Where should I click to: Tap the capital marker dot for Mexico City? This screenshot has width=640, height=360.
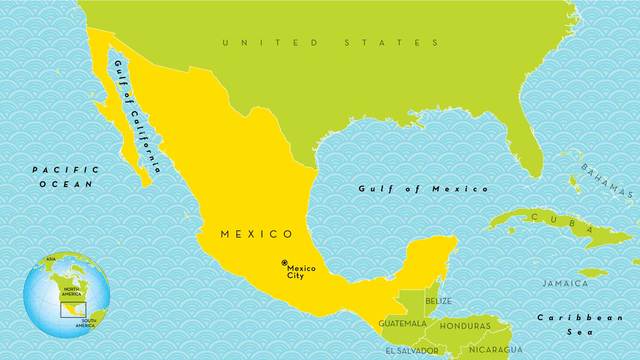(x=284, y=263)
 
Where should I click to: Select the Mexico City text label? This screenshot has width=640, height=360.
(x=301, y=271)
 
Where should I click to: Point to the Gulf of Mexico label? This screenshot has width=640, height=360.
(x=424, y=188)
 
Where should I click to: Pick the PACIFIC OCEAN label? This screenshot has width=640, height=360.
(x=62, y=177)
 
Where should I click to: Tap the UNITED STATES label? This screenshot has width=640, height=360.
(x=331, y=43)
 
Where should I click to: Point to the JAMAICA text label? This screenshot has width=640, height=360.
(x=565, y=283)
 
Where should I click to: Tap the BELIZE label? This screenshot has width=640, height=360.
(x=438, y=301)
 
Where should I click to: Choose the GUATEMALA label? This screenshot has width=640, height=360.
(x=403, y=324)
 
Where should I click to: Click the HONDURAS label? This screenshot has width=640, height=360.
(x=465, y=325)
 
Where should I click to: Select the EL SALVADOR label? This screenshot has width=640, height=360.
(x=411, y=350)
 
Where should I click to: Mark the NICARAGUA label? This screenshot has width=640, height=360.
(x=495, y=350)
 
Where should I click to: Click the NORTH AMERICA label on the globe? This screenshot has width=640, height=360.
(x=71, y=293)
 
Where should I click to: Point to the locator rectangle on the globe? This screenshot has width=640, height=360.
(x=71, y=309)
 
